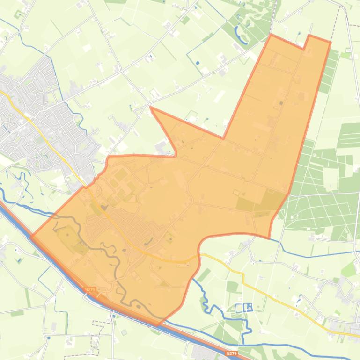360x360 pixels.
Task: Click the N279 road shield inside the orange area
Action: (x=90, y=290)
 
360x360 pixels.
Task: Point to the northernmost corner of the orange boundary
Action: (x=271, y=34)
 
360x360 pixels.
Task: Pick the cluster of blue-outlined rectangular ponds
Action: (x=243, y=307)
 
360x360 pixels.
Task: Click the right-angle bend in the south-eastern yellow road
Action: (x=243, y=274)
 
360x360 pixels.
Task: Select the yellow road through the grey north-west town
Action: (x=28, y=112)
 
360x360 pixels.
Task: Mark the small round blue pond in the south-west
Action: (x=49, y=338)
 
